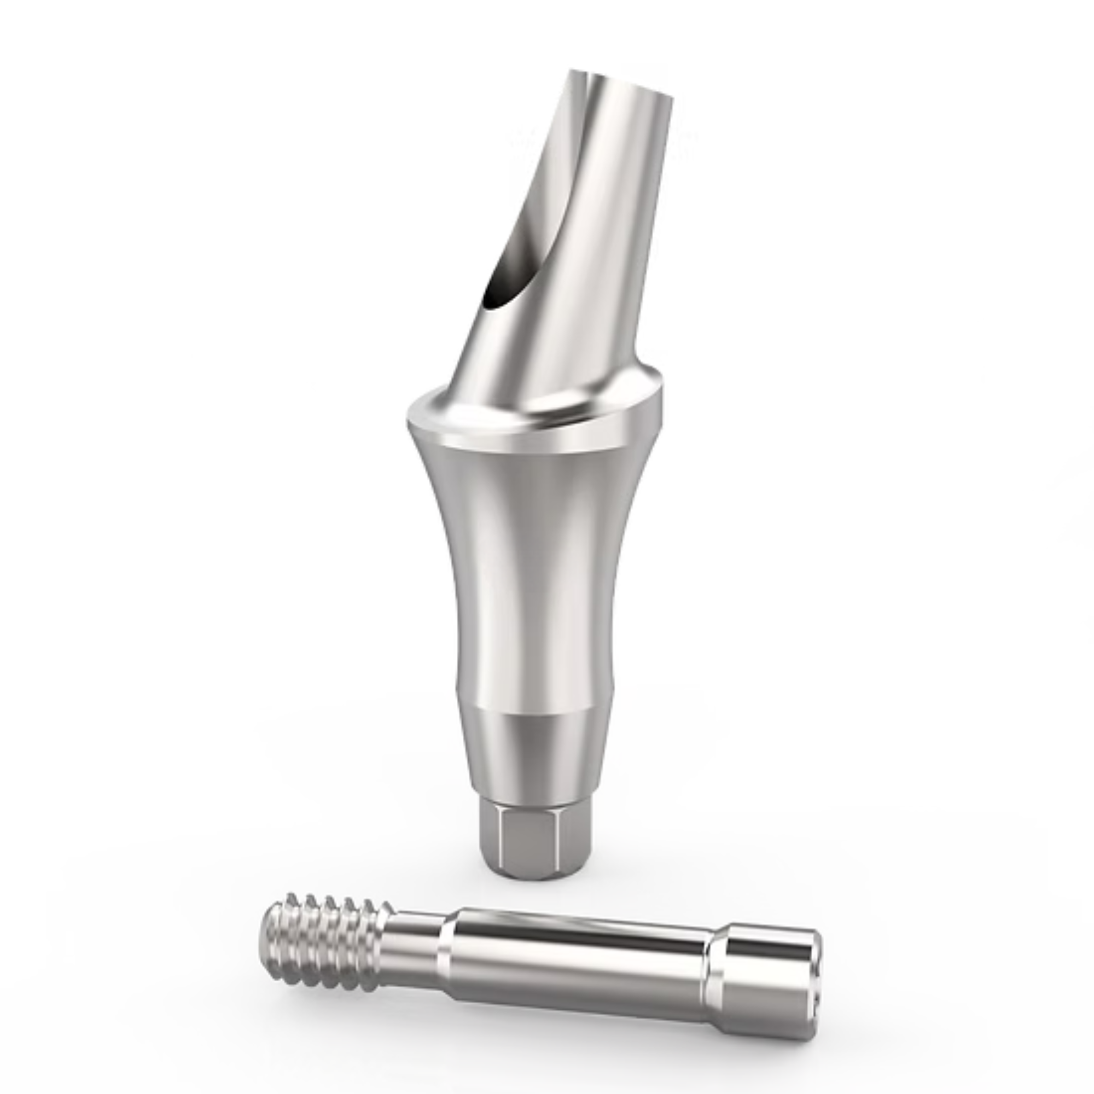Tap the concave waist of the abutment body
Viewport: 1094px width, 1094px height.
530,566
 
